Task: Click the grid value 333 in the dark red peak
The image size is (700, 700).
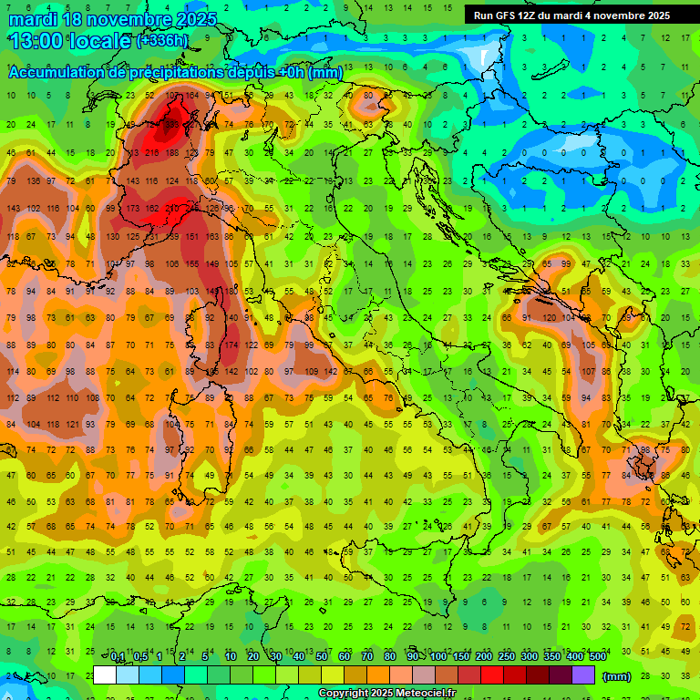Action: click(x=171, y=124)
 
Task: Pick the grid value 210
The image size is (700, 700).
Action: click(x=171, y=209)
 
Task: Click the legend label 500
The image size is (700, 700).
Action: click(x=597, y=657)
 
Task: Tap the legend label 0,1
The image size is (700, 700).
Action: click(x=118, y=657)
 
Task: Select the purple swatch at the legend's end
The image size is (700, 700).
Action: click(x=583, y=674)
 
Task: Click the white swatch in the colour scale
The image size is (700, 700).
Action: click(x=105, y=674)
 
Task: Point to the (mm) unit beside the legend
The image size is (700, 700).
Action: click(x=617, y=675)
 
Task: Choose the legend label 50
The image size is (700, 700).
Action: click(x=322, y=657)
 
